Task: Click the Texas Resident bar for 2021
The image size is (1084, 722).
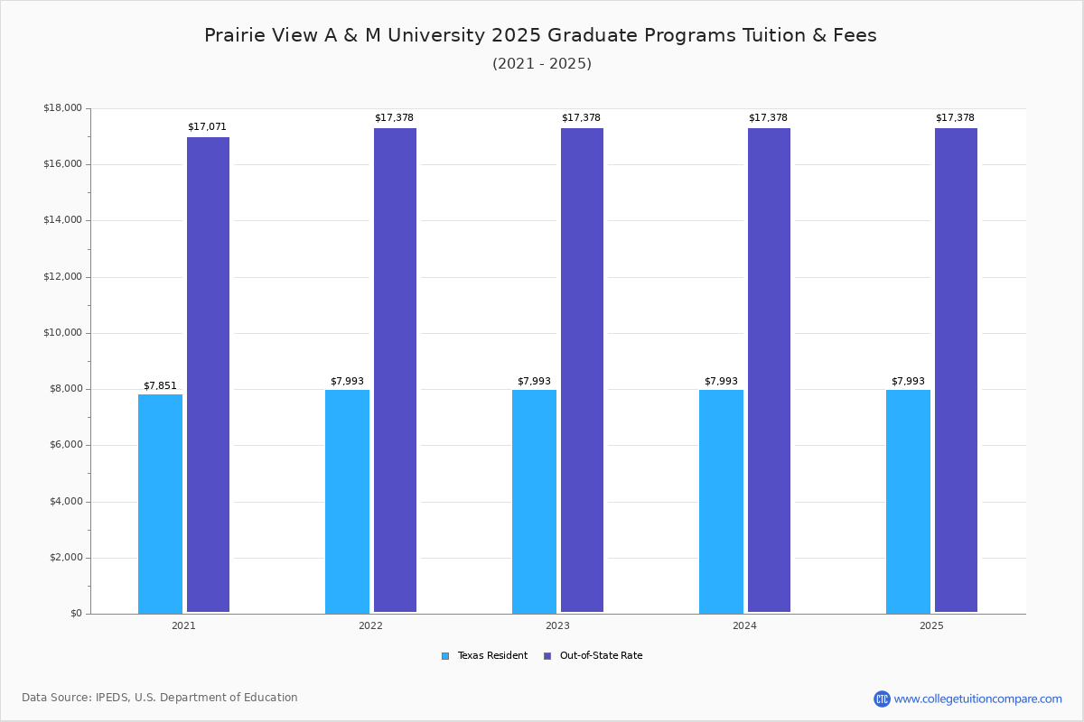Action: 160,504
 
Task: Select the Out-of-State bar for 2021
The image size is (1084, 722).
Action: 208,375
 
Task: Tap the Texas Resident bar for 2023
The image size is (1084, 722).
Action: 534,501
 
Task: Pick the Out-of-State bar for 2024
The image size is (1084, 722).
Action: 769,370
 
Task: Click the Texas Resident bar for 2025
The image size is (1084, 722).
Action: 908,501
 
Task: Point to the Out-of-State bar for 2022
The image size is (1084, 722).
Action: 395,370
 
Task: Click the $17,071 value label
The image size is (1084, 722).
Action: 207,127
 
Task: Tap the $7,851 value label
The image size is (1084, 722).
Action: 160,386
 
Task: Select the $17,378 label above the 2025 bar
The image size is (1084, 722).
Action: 955,118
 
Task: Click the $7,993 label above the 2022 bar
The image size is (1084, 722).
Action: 347,382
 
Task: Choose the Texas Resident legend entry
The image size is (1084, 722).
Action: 484,656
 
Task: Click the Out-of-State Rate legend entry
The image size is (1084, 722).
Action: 593,656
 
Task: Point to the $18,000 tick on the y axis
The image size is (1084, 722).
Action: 62,108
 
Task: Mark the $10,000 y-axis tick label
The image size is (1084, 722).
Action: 62,333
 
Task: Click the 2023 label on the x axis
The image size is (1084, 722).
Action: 557,625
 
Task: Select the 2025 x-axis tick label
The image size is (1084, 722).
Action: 931,625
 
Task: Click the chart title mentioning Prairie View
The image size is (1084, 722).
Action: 540,35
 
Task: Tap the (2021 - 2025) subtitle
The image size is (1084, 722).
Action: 542,64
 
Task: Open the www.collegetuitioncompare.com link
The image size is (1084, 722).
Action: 977,699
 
